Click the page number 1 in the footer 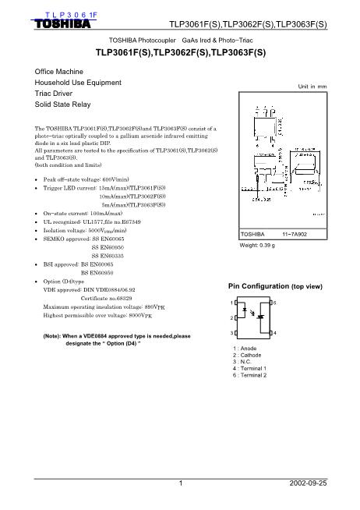coord(179,483)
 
